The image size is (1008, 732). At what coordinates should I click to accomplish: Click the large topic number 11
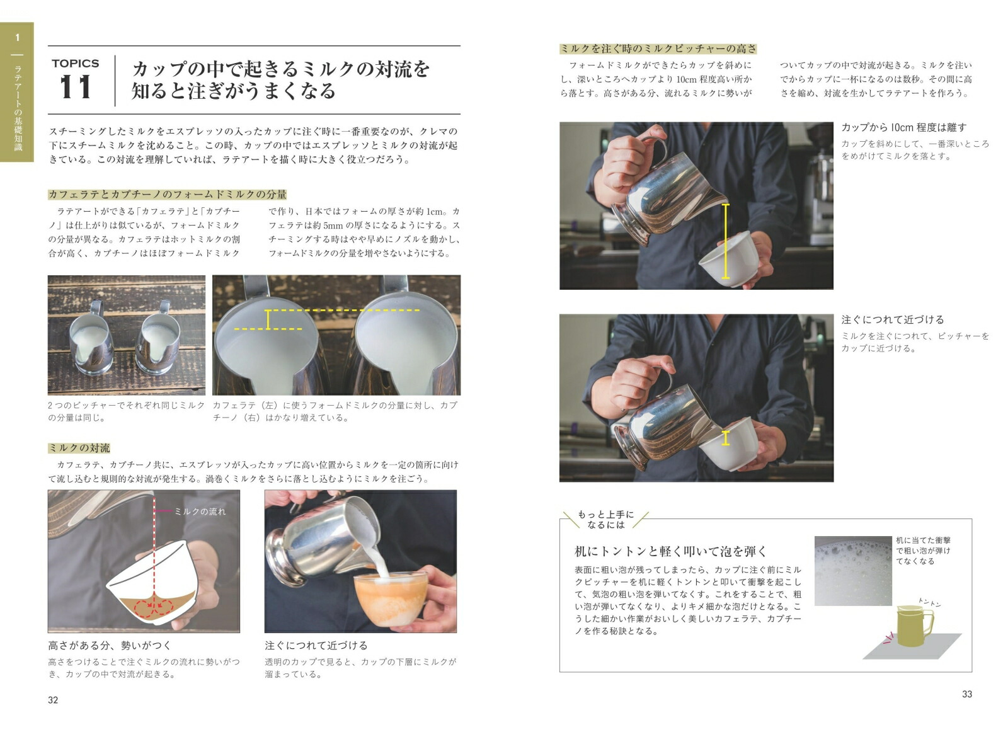click(76, 87)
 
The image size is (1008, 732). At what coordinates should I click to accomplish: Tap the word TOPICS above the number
click(75, 64)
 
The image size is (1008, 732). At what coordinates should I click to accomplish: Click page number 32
click(53, 700)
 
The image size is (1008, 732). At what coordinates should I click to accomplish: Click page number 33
click(967, 694)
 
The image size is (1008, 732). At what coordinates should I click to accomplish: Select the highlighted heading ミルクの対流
click(79, 448)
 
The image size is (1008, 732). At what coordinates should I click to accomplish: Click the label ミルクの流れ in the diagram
click(200, 512)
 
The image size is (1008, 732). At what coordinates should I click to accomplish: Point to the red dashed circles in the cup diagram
click(154, 607)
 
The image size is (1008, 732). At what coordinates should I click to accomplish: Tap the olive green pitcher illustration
click(915, 626)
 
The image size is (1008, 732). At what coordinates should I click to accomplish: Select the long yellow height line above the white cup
click(725, 241)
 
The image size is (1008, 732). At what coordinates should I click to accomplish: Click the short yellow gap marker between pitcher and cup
click(725, 438)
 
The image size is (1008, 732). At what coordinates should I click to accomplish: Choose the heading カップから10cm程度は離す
click(903, 128)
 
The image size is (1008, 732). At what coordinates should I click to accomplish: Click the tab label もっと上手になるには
click(605, 520)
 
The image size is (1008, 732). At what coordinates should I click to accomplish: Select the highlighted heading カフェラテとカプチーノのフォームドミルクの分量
click(168, 195)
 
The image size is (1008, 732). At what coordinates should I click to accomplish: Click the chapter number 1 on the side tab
click(18, 38)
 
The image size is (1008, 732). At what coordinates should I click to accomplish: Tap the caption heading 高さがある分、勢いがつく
click(110, 646)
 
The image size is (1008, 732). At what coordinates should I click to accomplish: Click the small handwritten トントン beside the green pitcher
click(929, 602)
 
